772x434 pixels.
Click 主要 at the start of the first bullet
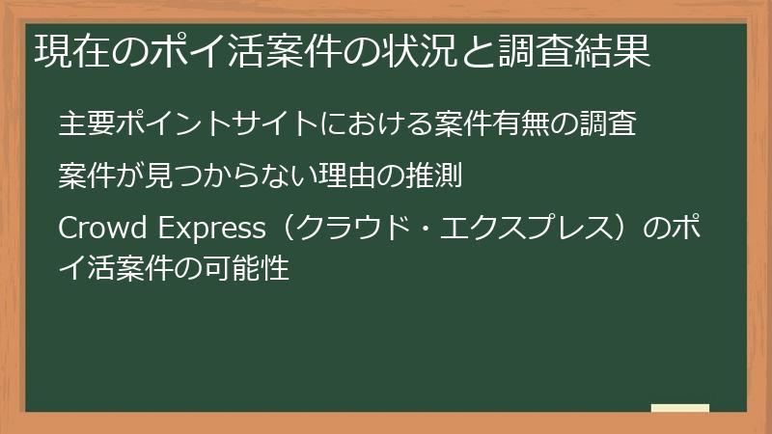click(x=85, y=125)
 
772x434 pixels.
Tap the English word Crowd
click(x=96, y=230)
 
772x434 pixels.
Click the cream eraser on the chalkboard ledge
click(x=680, y=408)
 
